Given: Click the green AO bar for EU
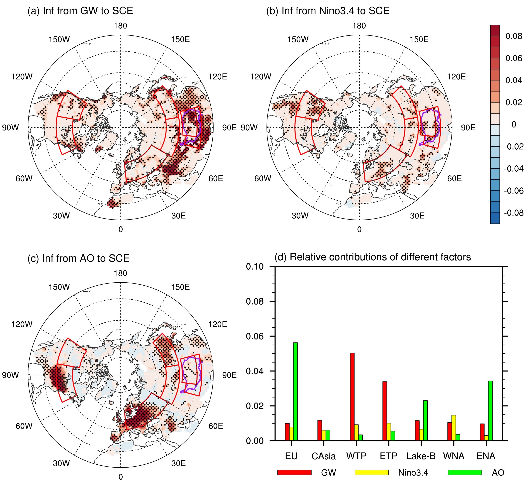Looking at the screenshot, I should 295,391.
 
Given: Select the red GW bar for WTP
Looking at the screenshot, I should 352,396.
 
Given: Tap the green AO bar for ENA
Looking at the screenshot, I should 490,410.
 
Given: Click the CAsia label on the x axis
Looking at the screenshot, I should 324,456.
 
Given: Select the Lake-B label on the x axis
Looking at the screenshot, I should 421,456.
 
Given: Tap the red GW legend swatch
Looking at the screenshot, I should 294,472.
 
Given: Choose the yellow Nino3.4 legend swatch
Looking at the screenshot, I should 371,472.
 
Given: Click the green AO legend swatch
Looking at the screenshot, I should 465,472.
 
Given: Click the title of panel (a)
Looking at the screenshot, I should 80,11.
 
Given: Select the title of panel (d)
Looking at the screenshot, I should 373,257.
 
